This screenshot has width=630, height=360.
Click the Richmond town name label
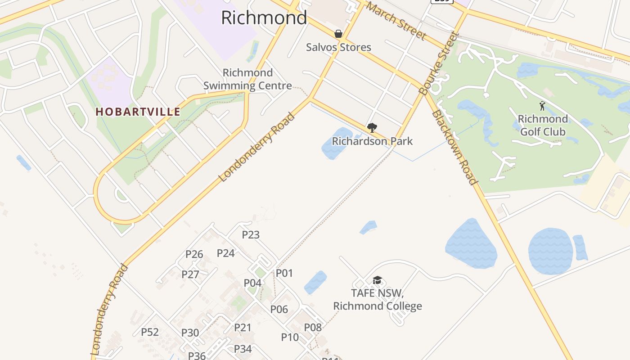coord(264,18)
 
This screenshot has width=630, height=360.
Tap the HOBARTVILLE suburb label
coord(138,112)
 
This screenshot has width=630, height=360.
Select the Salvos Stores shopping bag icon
coord(338,34)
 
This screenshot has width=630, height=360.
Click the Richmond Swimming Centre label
coord(247,79)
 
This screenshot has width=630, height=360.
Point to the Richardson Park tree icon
coord(372,128)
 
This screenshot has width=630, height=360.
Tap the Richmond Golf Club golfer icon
coord(542,106)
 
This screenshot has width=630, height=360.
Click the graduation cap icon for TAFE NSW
coord(377,280)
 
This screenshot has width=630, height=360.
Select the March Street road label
coord(396,20)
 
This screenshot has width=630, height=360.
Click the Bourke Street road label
coord(437,63)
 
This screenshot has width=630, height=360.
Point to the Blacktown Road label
coord(454,148)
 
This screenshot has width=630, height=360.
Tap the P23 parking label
coord(251,234)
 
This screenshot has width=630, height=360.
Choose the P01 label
coord(284,273)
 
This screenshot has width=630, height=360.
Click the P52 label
coord(150,332)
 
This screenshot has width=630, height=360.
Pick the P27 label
coord(190,274)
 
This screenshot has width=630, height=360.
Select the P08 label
coord(313,327)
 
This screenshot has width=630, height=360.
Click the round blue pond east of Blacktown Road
coord(550,251)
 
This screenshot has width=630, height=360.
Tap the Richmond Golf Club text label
coord(543,126)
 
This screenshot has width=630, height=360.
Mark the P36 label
coord(197,355)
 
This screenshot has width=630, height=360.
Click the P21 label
coord(243,328)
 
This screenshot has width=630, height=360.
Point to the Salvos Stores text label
coord(338,47)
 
